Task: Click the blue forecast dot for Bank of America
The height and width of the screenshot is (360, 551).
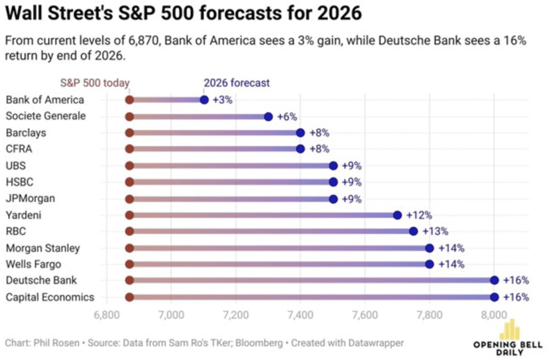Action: click(x=204, y=100)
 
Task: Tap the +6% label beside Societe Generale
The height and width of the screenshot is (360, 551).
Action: click(x=287, y=117)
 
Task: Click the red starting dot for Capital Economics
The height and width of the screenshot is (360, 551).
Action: click(x=129, y=297)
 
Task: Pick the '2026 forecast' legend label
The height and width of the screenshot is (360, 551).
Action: click(x=237, y=83)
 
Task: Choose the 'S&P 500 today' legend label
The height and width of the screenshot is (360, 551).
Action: click(x=95, y=83)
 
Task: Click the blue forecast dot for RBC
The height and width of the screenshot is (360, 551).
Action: click(x=413, y=231)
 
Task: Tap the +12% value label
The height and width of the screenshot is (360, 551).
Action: click(x=419, y=215)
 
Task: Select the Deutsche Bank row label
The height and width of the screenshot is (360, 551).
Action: click(x=41, y=280)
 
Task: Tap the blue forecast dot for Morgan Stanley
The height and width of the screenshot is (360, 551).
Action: click(x=429, y=248)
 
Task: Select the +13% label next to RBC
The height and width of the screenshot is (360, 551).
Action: click(x=436, y=231)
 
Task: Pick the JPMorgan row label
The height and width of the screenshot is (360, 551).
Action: click(x=31, y=199)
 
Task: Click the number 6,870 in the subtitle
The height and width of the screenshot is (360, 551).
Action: click(x=113, y=42)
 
